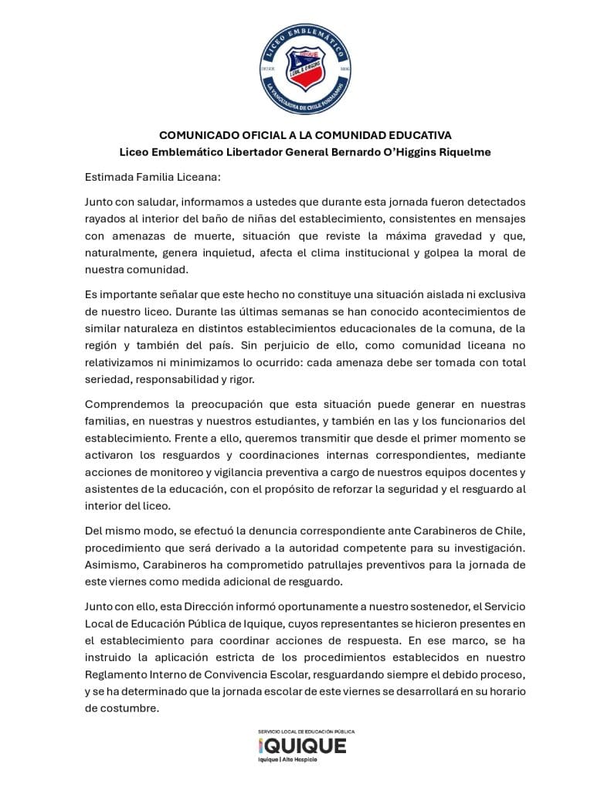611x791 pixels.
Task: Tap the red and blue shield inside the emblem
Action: point(305,69)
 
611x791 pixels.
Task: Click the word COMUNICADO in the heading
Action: point(199,135)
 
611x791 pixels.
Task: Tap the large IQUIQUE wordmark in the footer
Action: point(302,745)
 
